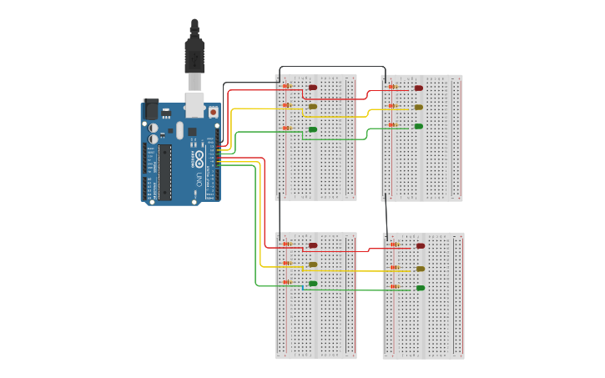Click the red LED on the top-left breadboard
pos(313,87)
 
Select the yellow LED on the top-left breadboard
pos(313,107)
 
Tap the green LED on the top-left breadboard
pos(313,129)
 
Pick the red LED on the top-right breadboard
pos(419,88)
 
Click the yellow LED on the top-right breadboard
pos(419,107)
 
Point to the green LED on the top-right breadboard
pos(419,127)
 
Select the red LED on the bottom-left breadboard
pos(313,245)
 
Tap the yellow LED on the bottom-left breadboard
pos(313,265)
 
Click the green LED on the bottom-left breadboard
pos(313,284)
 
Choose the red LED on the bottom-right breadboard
pos(421,246)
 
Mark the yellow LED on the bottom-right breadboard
pos(421,269)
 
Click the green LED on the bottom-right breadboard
pos(421,288)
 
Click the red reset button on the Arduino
pos(213,111)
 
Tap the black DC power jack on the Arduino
pos(152,108)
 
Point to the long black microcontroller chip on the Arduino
pos(165,172)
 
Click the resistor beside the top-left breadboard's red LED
pos(287,86)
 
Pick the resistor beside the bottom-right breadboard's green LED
pos(394,287)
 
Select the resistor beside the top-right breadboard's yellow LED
pos(392,106)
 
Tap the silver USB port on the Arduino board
pos(194,104)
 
